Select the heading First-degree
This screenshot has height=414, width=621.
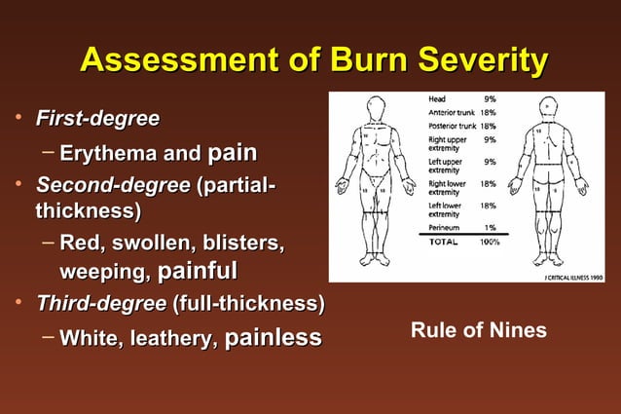click(97, 120)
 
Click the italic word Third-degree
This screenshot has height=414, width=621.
click(100, 304)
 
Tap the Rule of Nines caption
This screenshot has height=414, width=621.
click(478, 331)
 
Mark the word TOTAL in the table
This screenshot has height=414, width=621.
click(446, 241)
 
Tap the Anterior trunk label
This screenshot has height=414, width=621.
click(452, 112)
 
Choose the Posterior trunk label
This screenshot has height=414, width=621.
click(453, 126)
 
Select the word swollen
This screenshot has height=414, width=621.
click(150, 241)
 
